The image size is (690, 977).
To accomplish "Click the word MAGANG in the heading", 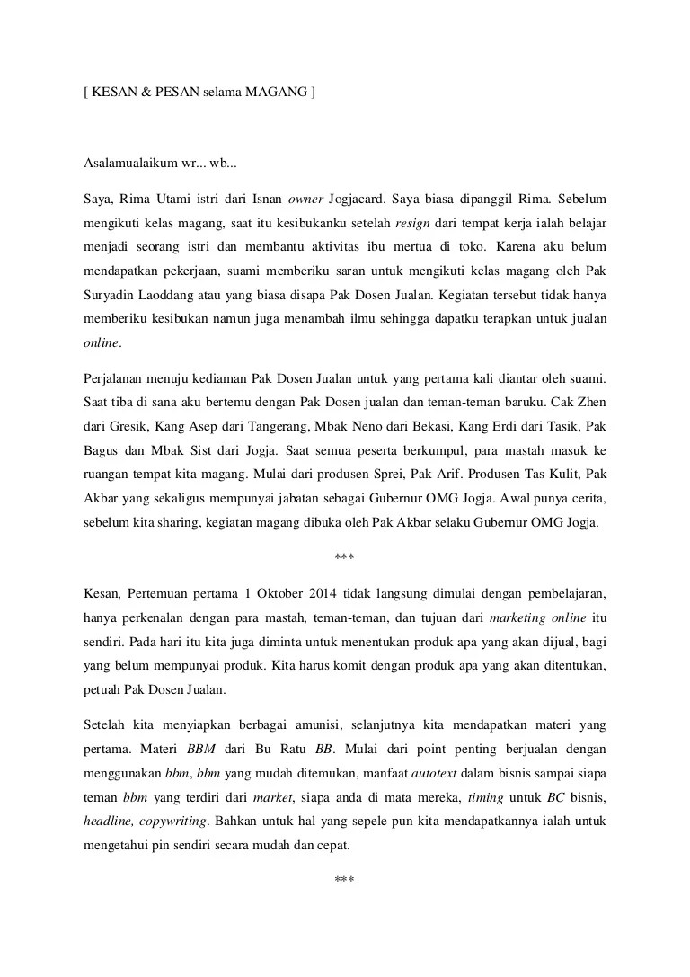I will click(279, 92).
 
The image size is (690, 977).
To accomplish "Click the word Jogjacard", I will click(363, 196).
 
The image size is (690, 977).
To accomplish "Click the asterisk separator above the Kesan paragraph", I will click(344, 557).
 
